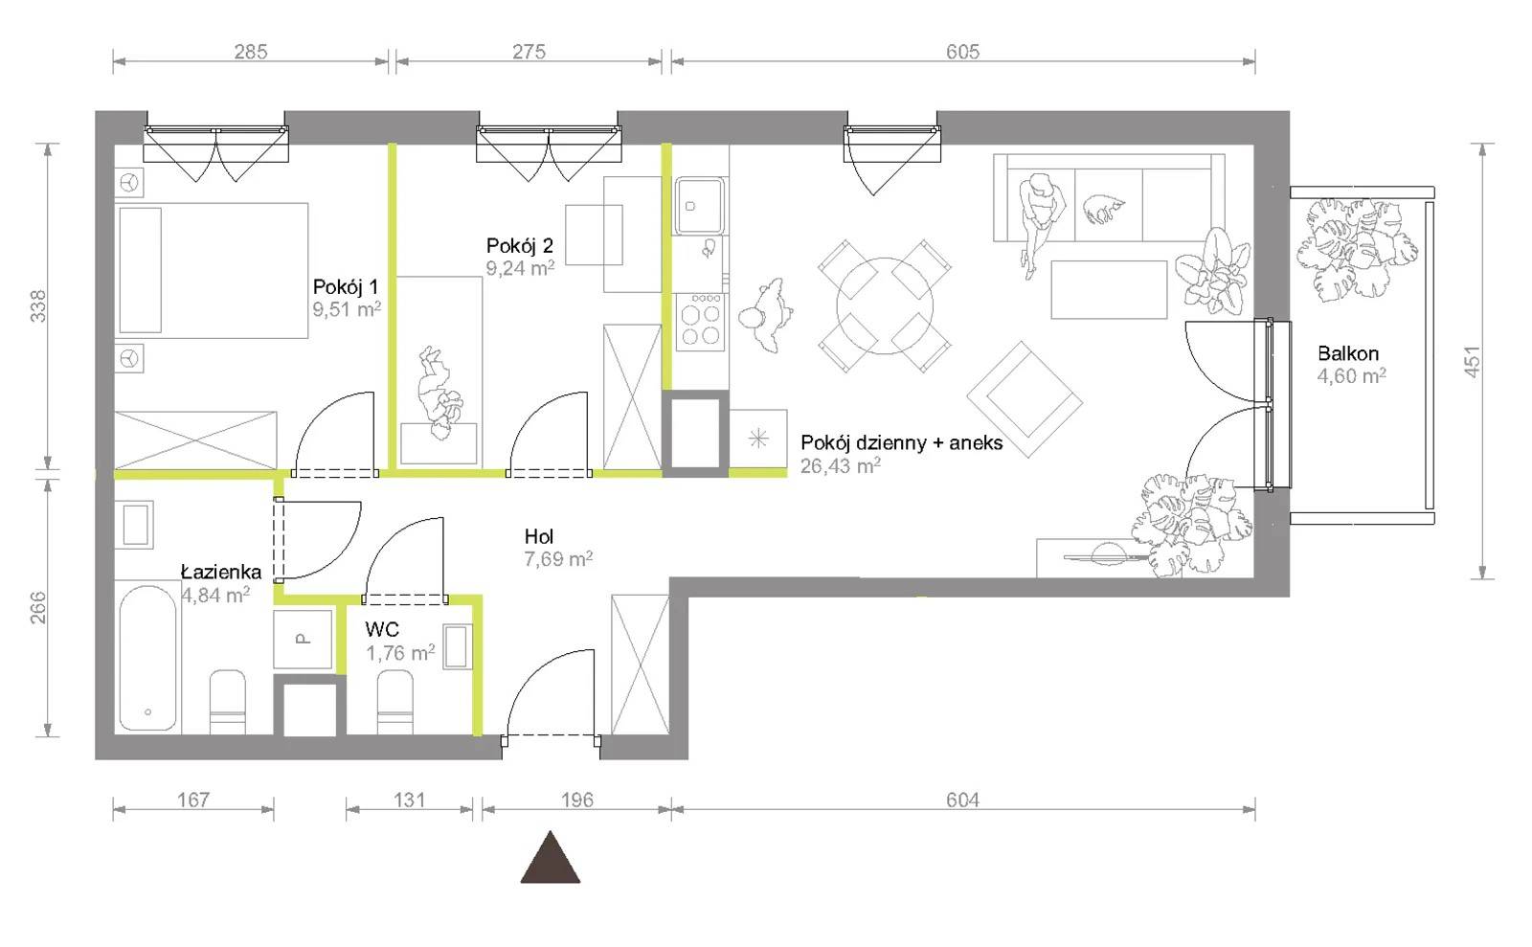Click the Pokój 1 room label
(345, 286)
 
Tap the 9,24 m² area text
(520, 268)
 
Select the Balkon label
(1348, 353)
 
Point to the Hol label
(539, 537)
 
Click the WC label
(382, 629)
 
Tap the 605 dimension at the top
(963, 52)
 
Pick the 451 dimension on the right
(1473, 361)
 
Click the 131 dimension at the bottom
(409, 800)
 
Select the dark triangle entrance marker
(551, 857)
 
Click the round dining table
(885, 305)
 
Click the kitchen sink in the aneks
(700, 205)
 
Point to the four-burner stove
(700, 322)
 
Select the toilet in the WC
(395, 702)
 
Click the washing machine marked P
(303, 639)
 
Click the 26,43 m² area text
(841, 465)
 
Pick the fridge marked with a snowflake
(757, 439)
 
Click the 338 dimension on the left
(39, 305)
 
